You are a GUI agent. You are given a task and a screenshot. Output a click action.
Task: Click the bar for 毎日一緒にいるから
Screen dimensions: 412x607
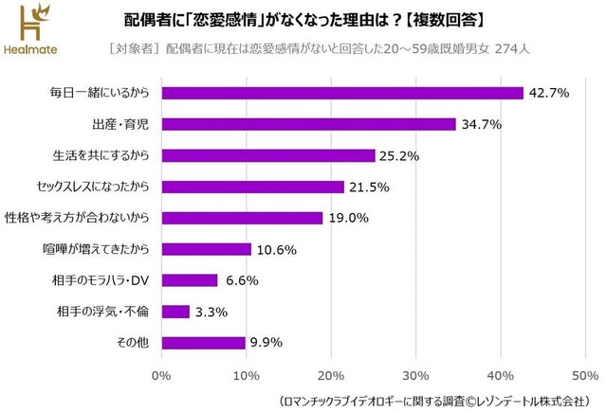342,93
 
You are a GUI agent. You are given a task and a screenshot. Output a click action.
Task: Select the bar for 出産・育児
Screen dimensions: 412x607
308,124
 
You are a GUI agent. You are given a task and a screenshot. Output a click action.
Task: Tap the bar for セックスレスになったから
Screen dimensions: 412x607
252,187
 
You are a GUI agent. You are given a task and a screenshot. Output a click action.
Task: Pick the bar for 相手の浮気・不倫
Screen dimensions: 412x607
175,312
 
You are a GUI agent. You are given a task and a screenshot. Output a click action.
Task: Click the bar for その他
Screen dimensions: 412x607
203,343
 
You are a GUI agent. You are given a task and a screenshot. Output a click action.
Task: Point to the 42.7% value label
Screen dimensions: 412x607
548,93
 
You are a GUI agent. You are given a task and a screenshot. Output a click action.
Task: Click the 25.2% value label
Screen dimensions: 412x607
399,155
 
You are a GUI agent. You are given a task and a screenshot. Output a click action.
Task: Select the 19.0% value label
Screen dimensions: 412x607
347,218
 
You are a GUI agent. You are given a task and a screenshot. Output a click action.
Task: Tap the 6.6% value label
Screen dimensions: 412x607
242,280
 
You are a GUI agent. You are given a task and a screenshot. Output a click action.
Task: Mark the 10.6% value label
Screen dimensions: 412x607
276,249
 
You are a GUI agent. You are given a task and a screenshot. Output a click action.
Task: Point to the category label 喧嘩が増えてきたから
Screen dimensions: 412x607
99,249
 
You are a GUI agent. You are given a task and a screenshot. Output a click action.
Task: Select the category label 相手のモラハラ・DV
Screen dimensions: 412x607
101,280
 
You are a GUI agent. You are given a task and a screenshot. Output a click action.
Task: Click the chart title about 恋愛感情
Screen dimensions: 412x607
322,20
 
